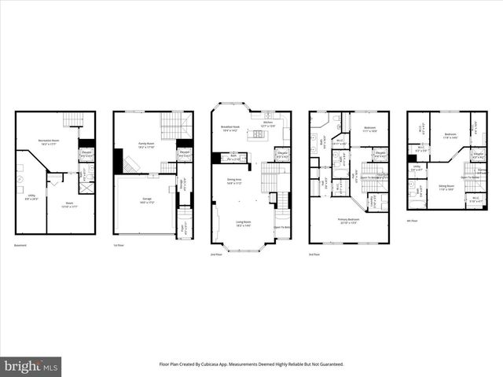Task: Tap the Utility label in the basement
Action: click(31, 198)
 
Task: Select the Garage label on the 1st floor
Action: click(145, 202)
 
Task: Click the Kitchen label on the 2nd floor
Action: click(267, 123)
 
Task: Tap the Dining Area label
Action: click(234, 182)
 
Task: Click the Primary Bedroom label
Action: click(348, 220)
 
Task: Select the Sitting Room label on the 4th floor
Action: click(446, 188)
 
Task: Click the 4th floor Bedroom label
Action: click(450, 135)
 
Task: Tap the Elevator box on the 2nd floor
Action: click(281, 155)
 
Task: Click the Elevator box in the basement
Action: click(86, 153)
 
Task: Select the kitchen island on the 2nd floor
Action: click(257, 136)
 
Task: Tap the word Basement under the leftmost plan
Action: click(21, 246)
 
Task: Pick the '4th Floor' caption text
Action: click(413, 221)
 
